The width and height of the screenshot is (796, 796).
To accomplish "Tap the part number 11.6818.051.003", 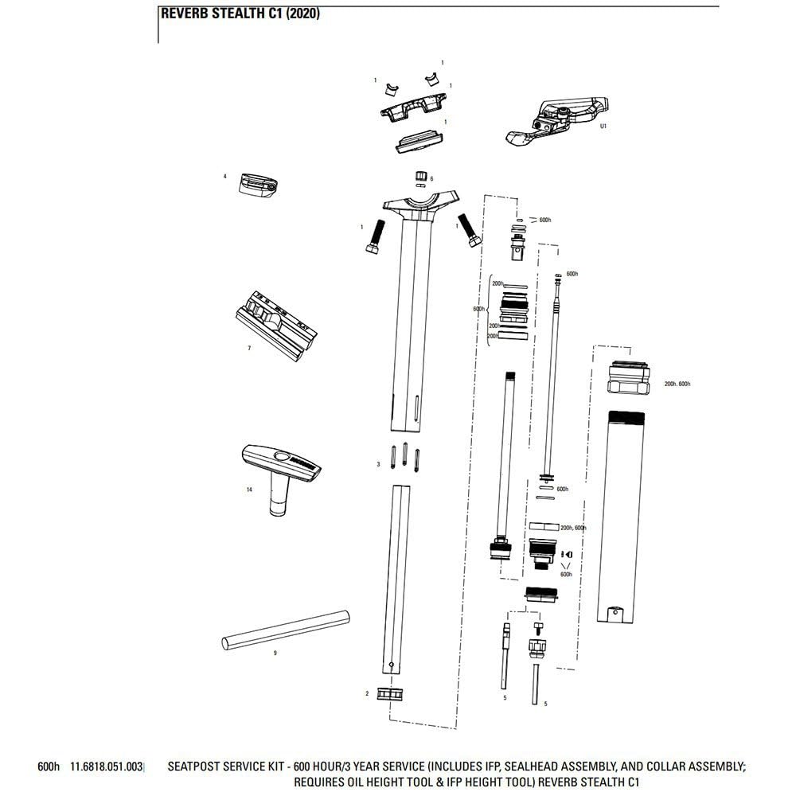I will tap(107, 767).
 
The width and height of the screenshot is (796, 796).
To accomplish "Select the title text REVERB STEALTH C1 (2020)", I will tap(240, 14).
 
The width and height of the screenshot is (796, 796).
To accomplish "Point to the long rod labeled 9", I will tap(286, 629).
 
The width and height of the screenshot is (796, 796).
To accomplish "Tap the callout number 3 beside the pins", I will tap(378, 463).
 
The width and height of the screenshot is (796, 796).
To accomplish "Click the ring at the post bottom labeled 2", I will tap(389, 694).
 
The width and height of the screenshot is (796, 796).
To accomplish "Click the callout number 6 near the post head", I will tap(431, 178).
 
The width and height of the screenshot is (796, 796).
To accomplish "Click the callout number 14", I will tap(249, 490).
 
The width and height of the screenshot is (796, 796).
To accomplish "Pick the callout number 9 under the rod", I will tap(275, 653).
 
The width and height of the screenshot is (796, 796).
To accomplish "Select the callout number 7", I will tap(249, 349).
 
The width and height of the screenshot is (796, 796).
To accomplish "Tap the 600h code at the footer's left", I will tap(49, 767).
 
